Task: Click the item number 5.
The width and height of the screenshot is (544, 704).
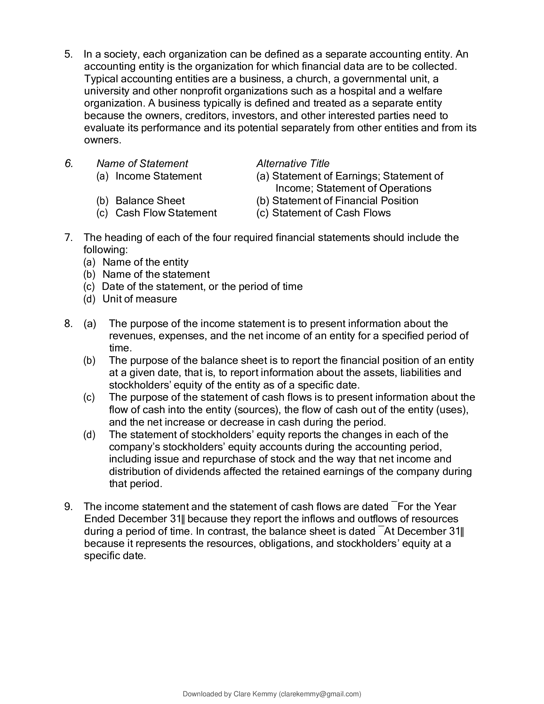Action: tap(69, 54)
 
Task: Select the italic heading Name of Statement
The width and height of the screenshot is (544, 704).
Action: tap(142, 164)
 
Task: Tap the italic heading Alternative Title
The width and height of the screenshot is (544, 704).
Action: tap(292, 164)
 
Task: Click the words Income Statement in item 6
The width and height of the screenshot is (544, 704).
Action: tap(158, 176)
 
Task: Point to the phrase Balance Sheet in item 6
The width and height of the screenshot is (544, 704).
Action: tap(150, 201)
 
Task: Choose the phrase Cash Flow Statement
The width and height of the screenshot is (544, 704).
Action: tap(166, 213)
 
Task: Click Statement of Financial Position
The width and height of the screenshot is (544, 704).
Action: tap(345, 201)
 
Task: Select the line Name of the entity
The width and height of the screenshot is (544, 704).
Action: tap(145, 262)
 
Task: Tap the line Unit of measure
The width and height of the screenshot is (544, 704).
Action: tap(140, 299)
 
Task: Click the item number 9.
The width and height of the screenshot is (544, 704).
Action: tap(69, 507)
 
